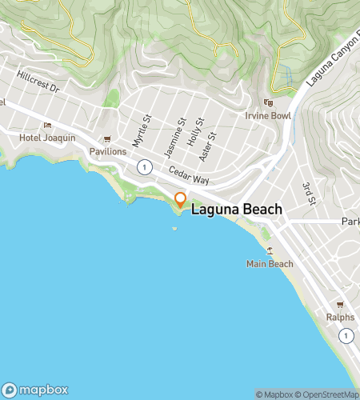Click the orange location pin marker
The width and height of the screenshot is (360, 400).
181,200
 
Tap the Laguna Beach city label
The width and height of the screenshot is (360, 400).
237,210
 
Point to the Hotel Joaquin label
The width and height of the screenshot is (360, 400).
47,138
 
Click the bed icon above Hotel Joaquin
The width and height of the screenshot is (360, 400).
47,125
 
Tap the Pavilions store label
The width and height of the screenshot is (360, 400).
107,151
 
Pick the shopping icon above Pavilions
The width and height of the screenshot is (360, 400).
107,139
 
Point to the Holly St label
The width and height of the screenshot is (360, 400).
191,131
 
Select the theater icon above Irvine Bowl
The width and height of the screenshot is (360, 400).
269,102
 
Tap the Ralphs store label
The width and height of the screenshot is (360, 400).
339,317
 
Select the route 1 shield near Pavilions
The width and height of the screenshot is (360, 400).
144,166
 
